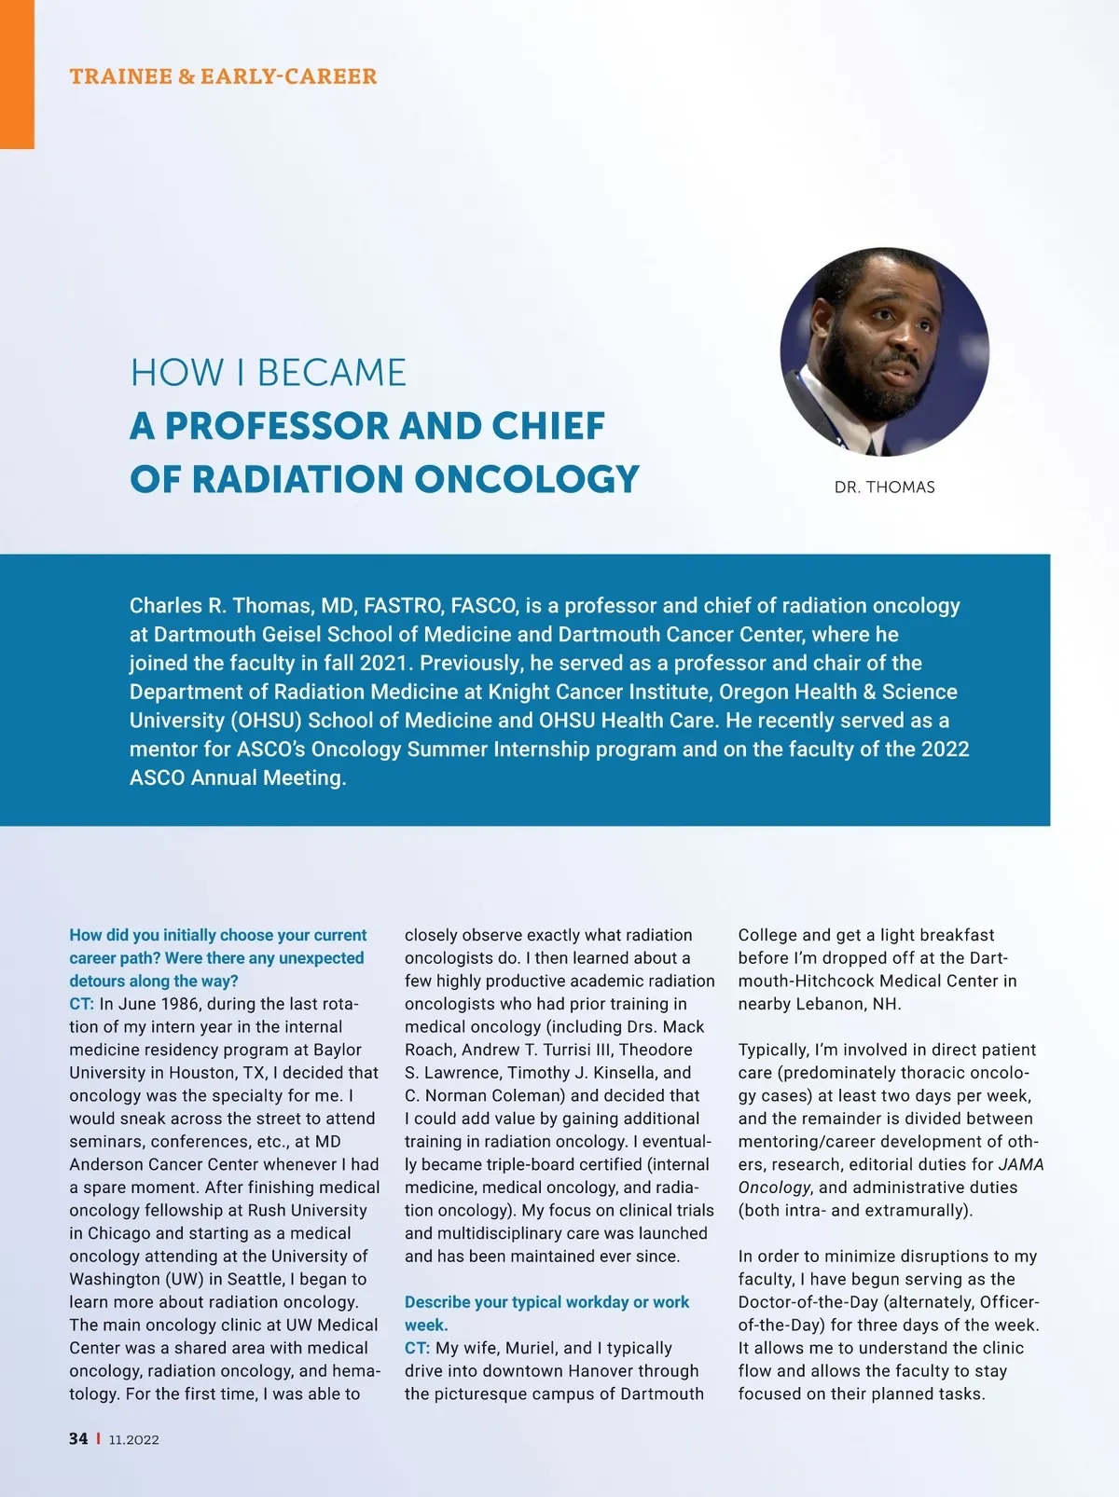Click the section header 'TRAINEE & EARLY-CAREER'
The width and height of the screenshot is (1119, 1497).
(223, 76)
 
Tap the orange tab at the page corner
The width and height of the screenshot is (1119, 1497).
(17, 75)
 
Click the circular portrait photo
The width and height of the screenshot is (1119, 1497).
(884, 351)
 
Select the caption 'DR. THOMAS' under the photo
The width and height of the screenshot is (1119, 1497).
(884, 488)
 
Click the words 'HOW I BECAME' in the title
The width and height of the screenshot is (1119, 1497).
(269, 373)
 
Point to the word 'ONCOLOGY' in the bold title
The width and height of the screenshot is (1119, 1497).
(527, 479)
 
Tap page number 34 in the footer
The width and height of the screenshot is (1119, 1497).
(78, 1439)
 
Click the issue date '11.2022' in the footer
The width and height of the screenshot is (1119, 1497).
(133, 1440)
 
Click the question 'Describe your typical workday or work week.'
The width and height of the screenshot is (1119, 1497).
(546, 1312)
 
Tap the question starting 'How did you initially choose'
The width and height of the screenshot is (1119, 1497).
(217, 957)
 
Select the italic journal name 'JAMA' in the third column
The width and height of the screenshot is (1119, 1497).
(1020, 1164)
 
